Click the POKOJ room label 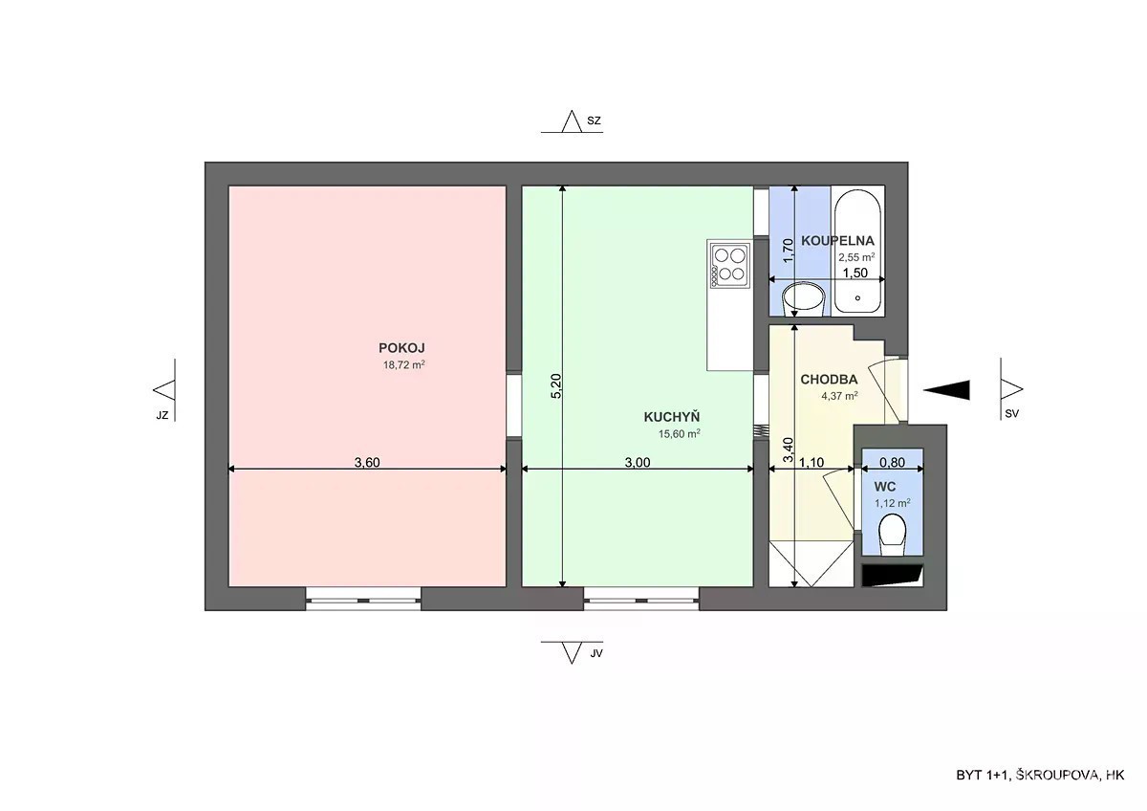(401, 348)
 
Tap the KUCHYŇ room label (671, 417)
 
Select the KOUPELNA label (837, 240)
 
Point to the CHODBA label (829, 379)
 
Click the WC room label (885, 486)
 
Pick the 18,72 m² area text (404, 364)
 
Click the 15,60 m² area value (679, 433)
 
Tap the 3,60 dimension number (367, 462)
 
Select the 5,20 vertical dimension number (556, 385)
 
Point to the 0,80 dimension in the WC (892, 462)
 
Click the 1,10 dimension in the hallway (812, 462)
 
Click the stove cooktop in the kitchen (730, 265)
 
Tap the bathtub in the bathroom (857, 251)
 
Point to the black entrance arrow (946, 390)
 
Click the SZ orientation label (594, 121)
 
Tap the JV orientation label (596, 654)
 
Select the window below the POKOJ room (363, 599)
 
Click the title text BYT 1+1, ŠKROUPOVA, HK (1040, 775)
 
